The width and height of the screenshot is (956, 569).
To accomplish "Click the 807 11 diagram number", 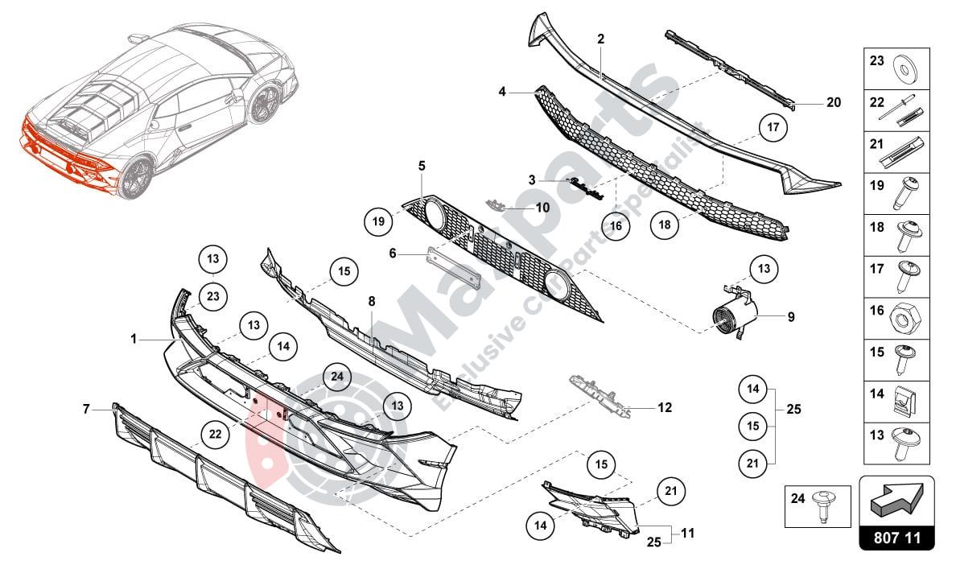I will click(897, 538).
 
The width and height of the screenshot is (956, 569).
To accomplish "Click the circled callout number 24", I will click(336, 376).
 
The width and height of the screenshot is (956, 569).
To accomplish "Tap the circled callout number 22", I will click(215, 434).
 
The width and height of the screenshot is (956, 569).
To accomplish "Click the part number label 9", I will click(791, 317).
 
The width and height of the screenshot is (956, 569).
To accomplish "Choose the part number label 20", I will click(833, 102).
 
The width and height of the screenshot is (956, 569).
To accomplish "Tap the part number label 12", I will click(664, 408).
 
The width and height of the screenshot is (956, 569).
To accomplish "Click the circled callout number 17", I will click(772, 127).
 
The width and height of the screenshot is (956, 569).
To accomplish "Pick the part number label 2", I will click(600, 39).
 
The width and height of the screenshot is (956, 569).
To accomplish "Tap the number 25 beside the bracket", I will click(794, 410).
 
